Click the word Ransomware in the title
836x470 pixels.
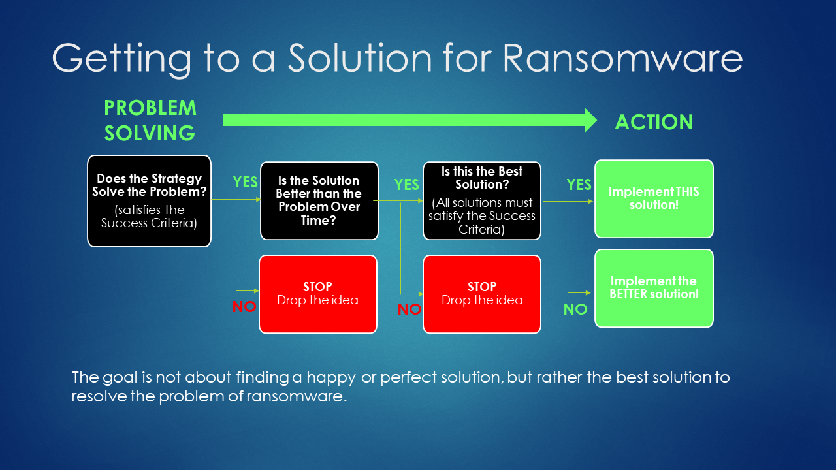(622, 58)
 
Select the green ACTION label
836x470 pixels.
(654, 122)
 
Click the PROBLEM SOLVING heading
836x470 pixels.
(150, 120)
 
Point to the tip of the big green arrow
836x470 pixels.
(597, 120)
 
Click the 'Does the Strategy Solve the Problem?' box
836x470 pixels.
(150, 201)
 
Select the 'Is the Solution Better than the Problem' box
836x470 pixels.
(319, 200)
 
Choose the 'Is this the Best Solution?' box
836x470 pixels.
(482, 200)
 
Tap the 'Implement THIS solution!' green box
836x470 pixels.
(654, 199)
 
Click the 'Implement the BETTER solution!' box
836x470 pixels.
(654, 289)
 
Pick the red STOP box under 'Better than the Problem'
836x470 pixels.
(318, 294)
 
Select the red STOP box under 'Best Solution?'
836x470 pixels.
(482, 294)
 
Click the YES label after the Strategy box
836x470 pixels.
(245, 182)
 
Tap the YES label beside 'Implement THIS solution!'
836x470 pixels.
(579, 184)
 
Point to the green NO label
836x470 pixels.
(575, 309)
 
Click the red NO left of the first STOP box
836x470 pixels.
(244, 307)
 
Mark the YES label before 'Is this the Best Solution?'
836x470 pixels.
(406, 184)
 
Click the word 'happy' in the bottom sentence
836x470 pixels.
(331, 378)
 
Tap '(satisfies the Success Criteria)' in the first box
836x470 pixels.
(150, 216)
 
